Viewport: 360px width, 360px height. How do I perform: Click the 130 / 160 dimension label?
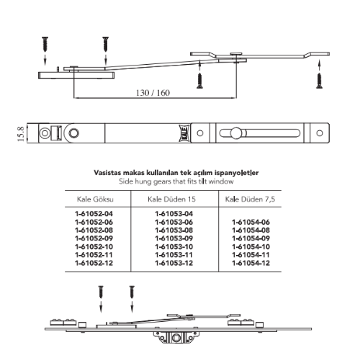tap(153, 93)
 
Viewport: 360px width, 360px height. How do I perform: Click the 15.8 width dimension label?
tap(21, 134)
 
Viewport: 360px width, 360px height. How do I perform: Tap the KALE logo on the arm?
tap(185, 133)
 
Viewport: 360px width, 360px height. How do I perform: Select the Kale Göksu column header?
tap(95, 199)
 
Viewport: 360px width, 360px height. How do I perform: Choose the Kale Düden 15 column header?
tap(171, 199)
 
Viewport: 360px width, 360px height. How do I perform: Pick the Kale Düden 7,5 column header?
tap(250, 199)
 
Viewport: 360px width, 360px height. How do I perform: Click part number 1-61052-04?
tap(94, 214)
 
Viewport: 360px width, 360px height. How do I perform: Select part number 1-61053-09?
tap(174, 238)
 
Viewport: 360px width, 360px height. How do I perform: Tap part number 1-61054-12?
tap(251, 263)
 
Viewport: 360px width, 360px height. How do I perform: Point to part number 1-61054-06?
tap(251, 222)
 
